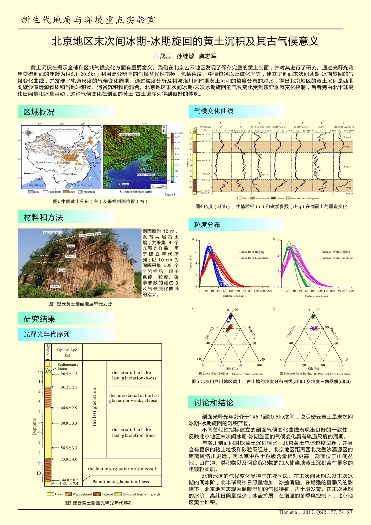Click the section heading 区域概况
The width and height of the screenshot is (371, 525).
pyautogui.click(x=39, y=112)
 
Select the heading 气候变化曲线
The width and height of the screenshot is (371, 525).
pyautogui.click(x=214, y=111)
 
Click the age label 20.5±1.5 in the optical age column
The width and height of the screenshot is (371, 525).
pyautogui.click(x=69, y=374)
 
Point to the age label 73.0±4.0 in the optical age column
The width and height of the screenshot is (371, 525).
pyautogui.click(x=69, y=459)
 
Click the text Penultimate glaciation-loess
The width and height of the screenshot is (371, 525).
pyautogui.click(x=121, y=482)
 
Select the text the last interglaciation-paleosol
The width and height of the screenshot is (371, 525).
pyautogui.click(x=122, y=469)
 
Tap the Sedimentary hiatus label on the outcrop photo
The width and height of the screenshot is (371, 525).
pyautogui.click(x=90, y=235)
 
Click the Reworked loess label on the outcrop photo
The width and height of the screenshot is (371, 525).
pyautogui.click(x=53, y=232)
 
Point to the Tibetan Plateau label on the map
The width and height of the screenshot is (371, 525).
pyautogui.click(x=44, y=162)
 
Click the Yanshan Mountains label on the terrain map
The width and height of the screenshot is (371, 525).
pyautogui.click(x=130, y=135)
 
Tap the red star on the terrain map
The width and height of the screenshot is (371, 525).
pyautogui.click(x=139, y=166)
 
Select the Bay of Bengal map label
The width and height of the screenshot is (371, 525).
pyautogui.click(x=36, y=185)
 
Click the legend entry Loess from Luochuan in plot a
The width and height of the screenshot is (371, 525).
pyautogui.click(x=253, y=258)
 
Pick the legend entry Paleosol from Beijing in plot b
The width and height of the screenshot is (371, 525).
pyautogui.click(x=335, y=252)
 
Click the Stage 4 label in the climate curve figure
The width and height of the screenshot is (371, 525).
pyautogui.click(x=348, y=167)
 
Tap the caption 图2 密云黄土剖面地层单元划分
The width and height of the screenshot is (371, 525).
pyautogui.click(x=80, y=304)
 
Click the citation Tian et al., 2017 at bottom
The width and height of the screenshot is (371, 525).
pyautogui.click(x=315, y=512)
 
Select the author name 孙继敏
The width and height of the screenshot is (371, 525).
pyautogui.click(x=185, y=56)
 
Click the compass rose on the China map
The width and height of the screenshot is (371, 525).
pyautogui.click(x=28, y=133)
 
